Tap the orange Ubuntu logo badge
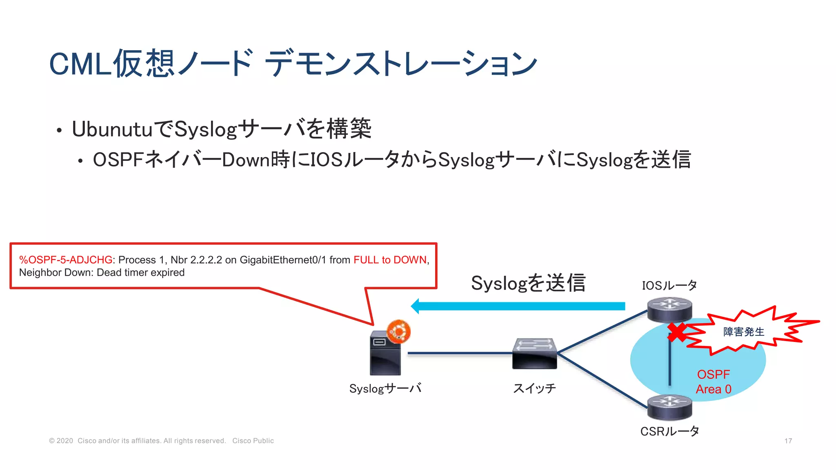[x=398, y=331]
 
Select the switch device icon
[x=534, y=354]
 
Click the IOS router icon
[x=669, y=309]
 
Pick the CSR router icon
[x=669, y=407]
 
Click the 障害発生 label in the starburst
[x=744, y=332]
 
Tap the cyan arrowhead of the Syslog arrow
[x=416, y=306]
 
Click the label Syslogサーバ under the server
[x=385, y=388]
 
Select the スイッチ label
[x=534, y=388]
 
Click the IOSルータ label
[x=669, y=285]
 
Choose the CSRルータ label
[x=669, y=431]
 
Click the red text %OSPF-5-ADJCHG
[x=66, y=260]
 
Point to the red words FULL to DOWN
[x=390, y=260]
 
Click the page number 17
[x=788, y=441]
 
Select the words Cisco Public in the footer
[x=253, y=441]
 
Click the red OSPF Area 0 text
[x=714, y=382]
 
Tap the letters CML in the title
[x=80, y=64]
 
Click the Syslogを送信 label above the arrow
[x=528, y=283]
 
